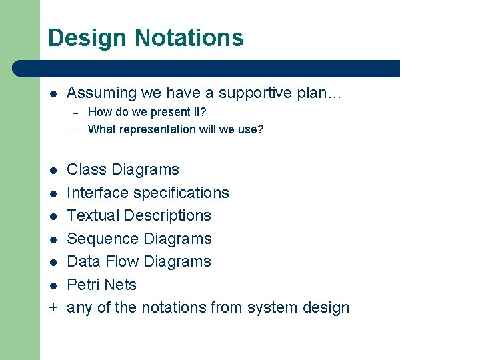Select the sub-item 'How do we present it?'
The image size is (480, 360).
click(x=147, y=112)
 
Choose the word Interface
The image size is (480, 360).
click(x=98, y=193)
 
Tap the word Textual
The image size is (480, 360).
click(x=93, y=215)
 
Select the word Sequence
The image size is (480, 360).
click(x=99, y=239)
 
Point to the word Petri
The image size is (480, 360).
click(x=83, y=285)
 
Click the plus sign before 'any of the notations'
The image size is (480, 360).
click(x=53, y=307)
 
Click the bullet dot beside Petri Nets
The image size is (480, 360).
click(x=53, y=285)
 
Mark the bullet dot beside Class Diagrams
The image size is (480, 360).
click(x=53, y=170)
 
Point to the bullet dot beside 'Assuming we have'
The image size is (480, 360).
click(x=53, y=93)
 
